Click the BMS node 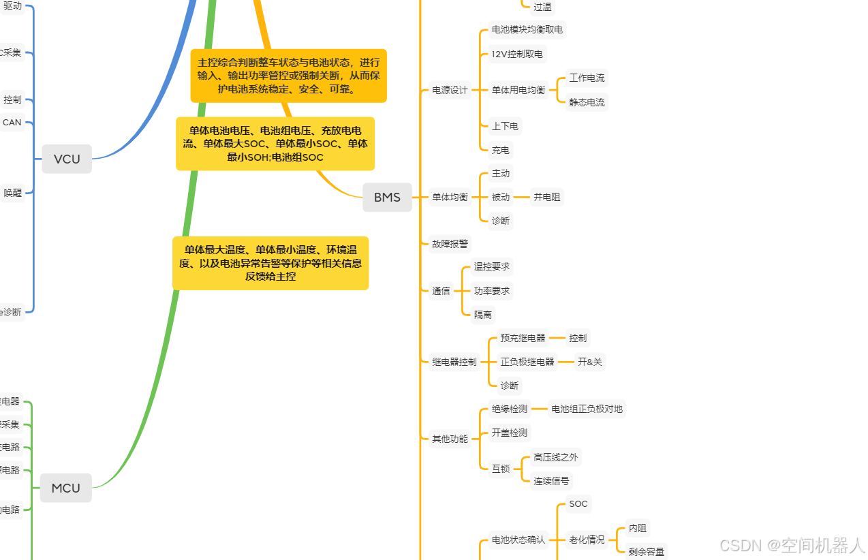click(387, 198)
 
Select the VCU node click(67, 159)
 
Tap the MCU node click(65, 488)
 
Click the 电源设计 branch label click(450, 90)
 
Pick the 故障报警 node click(450, 243)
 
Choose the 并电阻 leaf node click(547, 197)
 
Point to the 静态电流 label click(587, 102)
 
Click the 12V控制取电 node click(516, 54)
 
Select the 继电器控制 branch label click(454, 362)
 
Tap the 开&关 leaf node click(589, 362)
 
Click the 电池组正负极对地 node click(587, 409)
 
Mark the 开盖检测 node click(509, 433)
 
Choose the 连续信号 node click(551, 480)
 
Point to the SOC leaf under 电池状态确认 click(578, 504)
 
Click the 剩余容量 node click(646, 552)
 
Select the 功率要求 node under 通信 click(491, 291)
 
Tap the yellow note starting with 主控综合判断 click(288, 76)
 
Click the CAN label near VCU click(12, 123)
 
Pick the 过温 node click(542, 7)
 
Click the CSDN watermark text click(792, 545)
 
